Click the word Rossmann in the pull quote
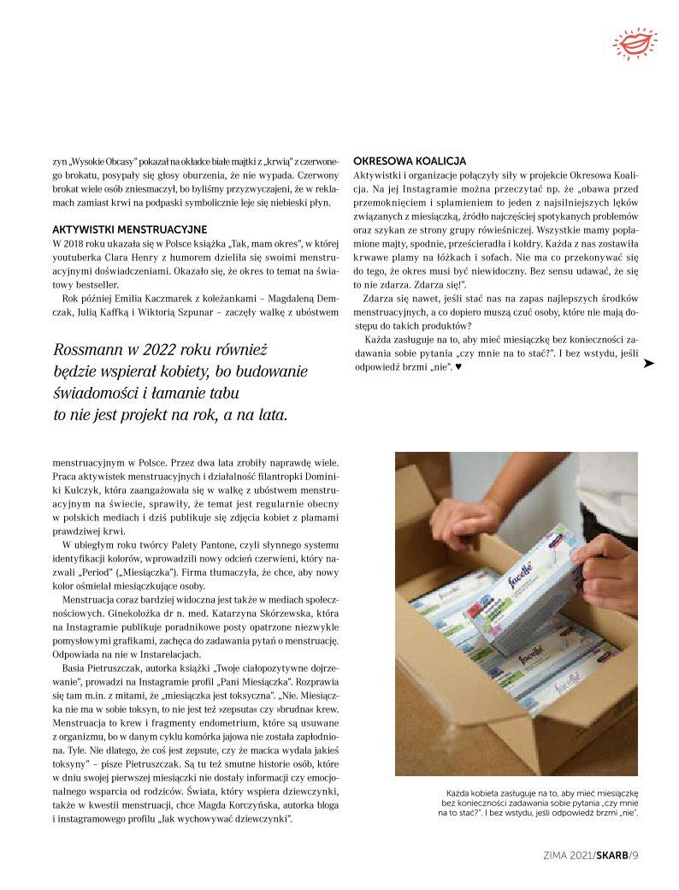point(86,349)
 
